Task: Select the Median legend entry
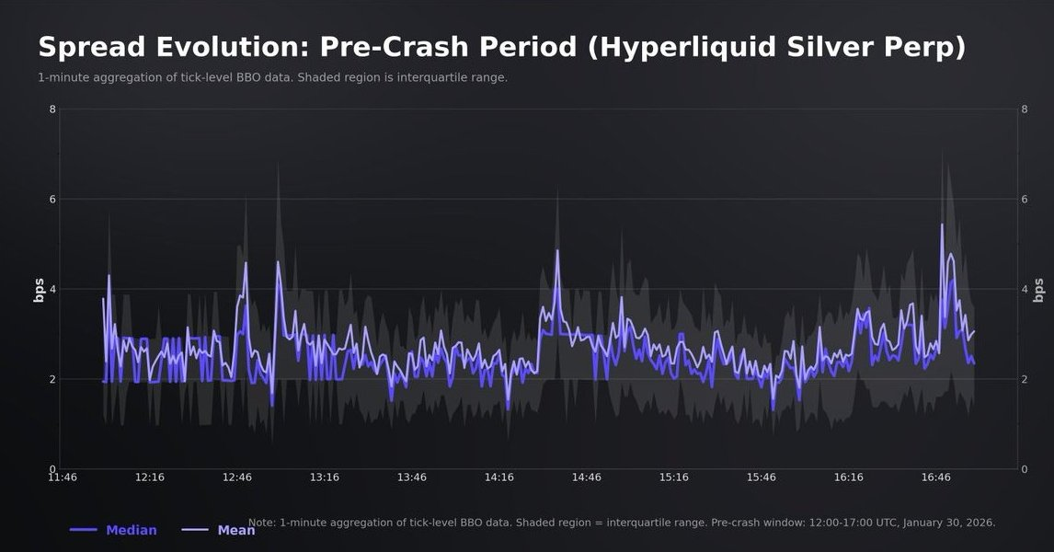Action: click(131, 530)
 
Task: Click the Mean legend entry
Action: click(236, 530)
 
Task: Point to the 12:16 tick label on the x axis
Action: click(150, 477)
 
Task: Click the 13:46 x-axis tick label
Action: click(412, 477)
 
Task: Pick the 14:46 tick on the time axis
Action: click(587, 477)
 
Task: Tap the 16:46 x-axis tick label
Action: click(935, 477)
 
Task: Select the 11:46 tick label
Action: click(63, 477)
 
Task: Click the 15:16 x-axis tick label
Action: click(674, 477)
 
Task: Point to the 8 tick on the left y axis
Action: click(52, 109)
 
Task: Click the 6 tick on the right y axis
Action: click(1025, 200)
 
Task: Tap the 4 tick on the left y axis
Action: click(52, 289)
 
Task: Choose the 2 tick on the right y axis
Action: click(1025, 379)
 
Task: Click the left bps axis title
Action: click(40, 289)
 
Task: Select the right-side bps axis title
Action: click(1039, 289)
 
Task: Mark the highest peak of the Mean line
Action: click(942, 224)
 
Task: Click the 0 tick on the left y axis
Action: click(52, 469)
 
